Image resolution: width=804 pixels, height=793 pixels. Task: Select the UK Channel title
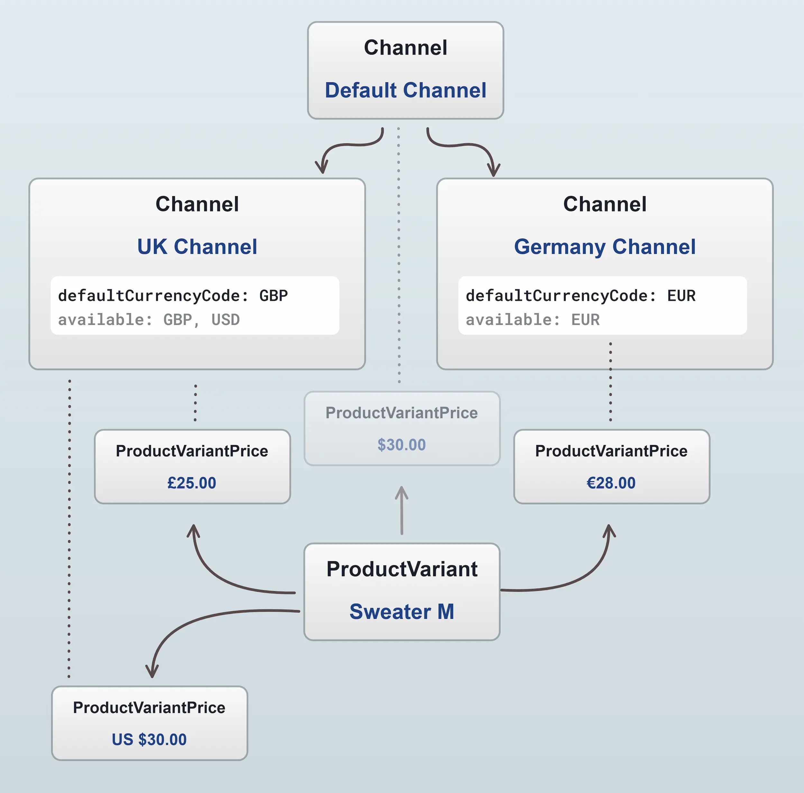[x=197, y=247]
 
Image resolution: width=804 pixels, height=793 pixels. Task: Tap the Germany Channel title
[x=604, y=247]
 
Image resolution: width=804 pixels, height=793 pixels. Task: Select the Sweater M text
[x=402, y=612]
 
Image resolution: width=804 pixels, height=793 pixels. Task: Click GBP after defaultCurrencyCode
[x=273, y=296]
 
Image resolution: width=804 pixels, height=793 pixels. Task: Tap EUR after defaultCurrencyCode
[x=681, y=296]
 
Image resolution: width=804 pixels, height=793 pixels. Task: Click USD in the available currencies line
[x=225, y=320]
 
